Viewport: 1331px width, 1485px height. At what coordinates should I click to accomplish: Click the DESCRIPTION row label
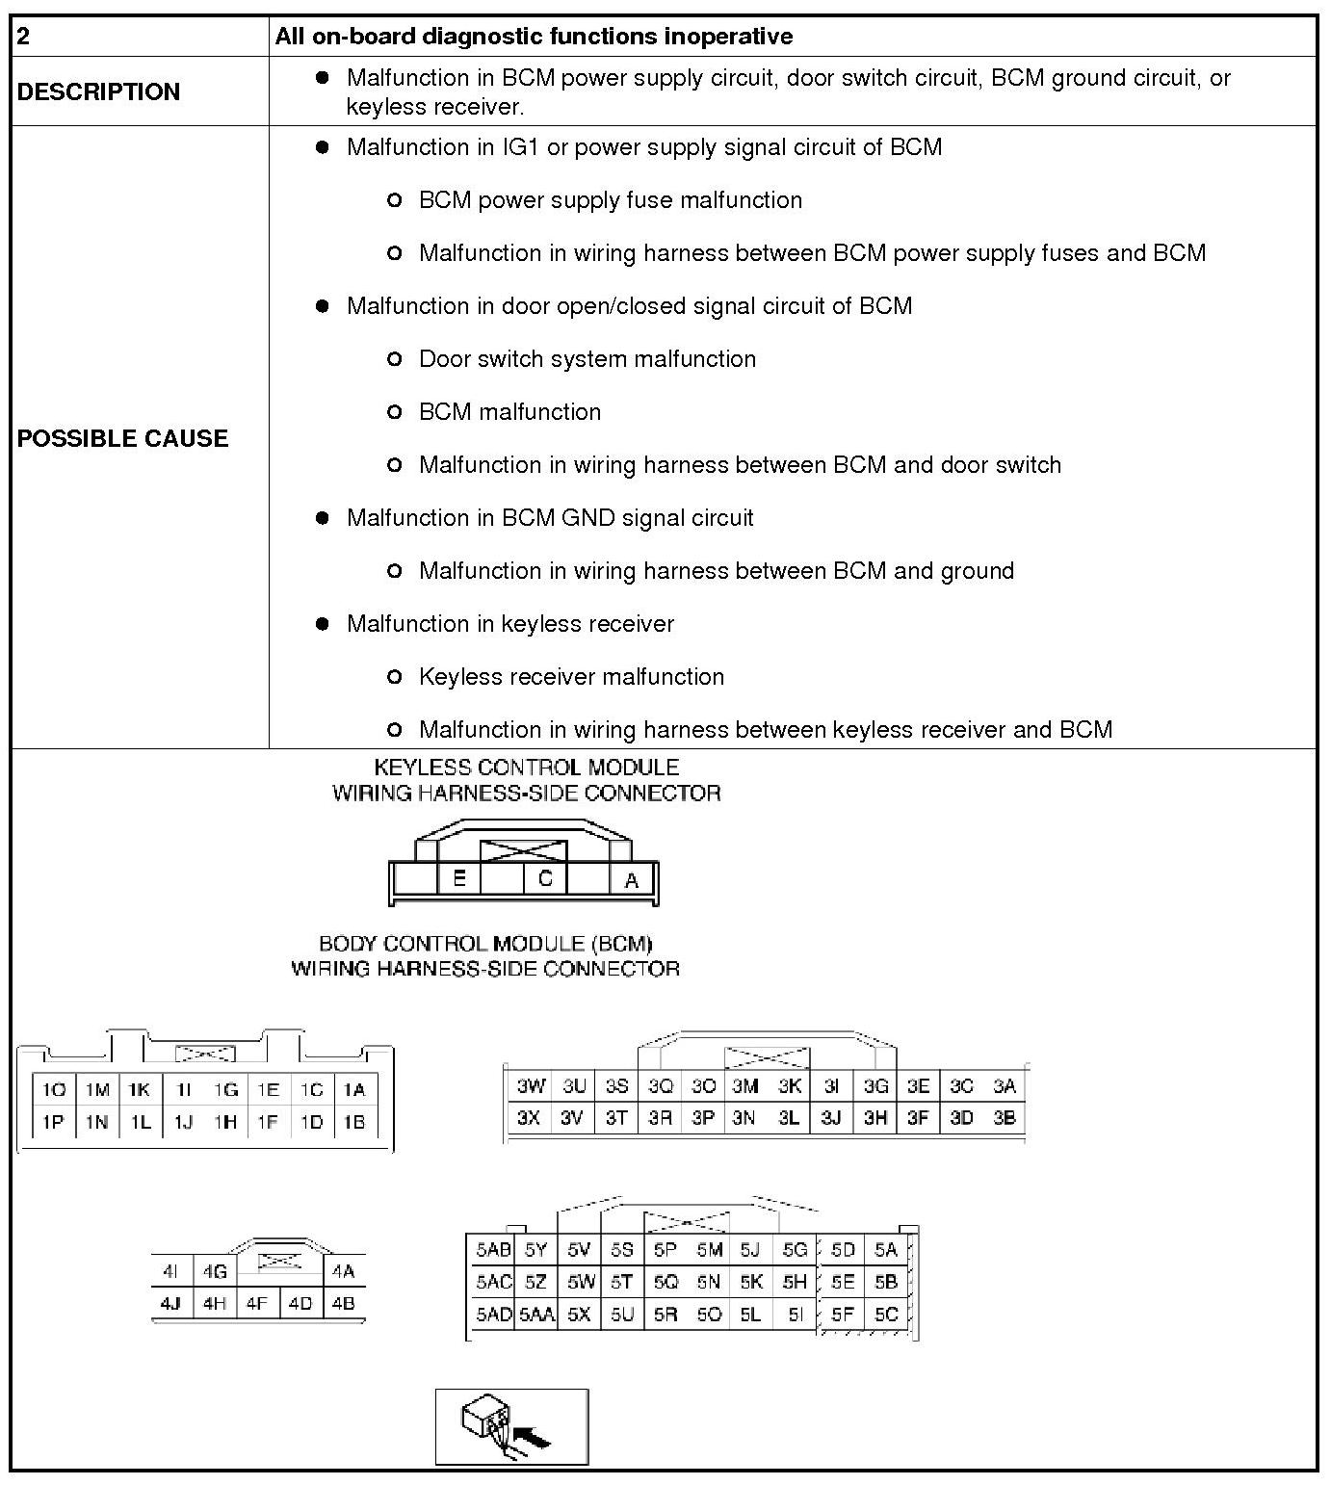point(98,91)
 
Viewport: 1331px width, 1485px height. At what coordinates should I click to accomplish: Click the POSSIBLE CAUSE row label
point(122,438)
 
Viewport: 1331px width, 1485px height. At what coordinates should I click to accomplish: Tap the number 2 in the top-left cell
point(24,37)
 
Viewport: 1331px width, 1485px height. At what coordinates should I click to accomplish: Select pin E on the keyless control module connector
point(459,878)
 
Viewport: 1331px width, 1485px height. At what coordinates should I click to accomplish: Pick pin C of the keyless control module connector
point(545,878)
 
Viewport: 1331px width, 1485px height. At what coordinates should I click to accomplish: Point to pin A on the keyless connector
point(632,880)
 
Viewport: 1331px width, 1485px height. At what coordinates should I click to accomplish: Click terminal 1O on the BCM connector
point(54,1090)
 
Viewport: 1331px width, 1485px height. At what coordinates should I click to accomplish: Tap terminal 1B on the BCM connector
point(353,1122)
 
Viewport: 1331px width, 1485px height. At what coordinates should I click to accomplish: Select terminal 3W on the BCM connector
point(530,1086)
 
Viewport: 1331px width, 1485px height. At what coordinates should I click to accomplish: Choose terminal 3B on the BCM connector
point(1005,1118)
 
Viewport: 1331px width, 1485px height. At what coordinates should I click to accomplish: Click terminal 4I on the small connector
point(170,1271)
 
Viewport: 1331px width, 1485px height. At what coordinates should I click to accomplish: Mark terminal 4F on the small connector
point(256,1304)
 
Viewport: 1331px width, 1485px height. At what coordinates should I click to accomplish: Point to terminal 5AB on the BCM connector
point(493,1250)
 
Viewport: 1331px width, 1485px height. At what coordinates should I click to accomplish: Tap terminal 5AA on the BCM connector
point(536,1315)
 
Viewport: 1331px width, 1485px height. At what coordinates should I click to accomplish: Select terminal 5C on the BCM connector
point(886,1314)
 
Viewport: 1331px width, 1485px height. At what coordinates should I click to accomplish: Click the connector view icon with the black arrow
point(511,1426)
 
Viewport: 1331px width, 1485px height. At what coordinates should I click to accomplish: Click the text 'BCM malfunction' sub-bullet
point(509,412)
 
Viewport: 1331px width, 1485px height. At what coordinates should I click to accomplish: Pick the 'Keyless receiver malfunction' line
point(571,677)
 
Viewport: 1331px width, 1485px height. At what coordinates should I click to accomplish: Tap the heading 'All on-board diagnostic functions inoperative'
point(534,37)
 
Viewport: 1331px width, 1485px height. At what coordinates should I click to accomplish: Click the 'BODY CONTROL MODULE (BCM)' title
point(485,944)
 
